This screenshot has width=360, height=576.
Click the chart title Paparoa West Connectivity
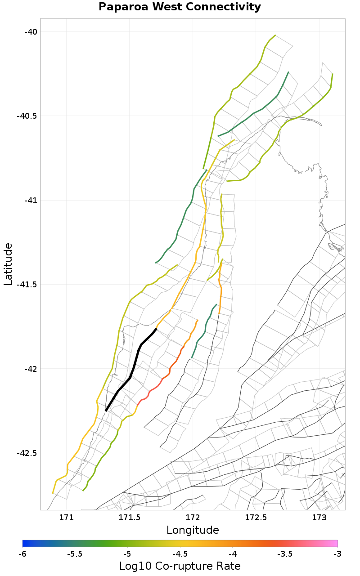(180, 7)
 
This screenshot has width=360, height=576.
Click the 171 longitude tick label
(67, 518)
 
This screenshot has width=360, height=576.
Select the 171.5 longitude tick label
(130, 518)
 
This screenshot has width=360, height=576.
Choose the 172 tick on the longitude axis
(193, 518)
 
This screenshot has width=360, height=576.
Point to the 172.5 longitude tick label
(256, 518)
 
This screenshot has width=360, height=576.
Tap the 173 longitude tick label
(319, 518)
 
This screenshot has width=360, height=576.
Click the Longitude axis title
(193, 530)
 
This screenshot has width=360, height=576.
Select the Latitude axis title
(8, 264)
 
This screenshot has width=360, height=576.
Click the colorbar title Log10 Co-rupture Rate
(180, 566)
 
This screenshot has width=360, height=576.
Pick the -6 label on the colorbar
(22, 554)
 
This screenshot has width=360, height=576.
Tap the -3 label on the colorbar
(337, 554)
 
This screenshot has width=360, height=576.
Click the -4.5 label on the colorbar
(180, 554)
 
